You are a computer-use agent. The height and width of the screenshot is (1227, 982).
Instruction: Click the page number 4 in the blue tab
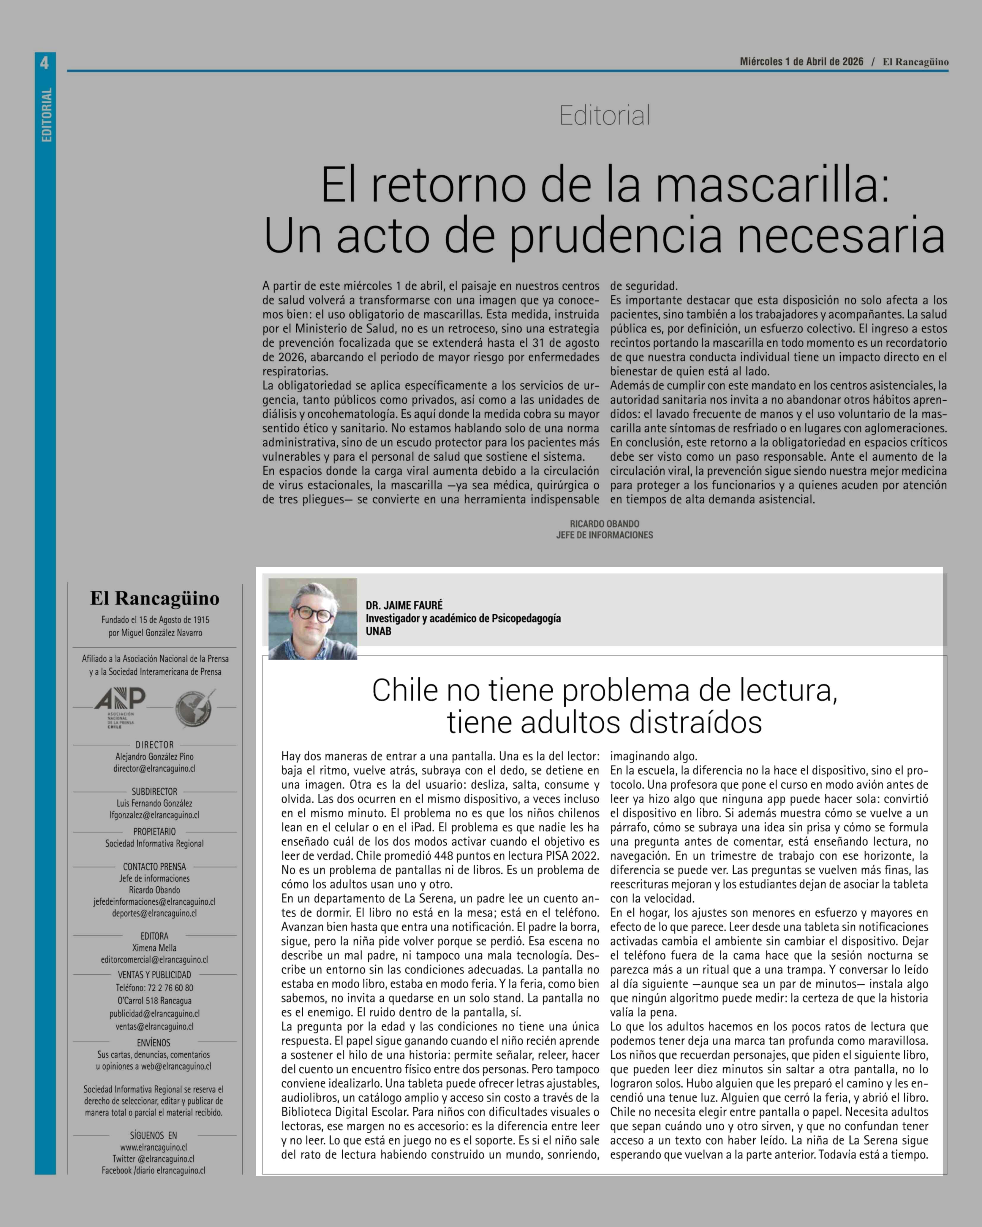[x=45, y=63]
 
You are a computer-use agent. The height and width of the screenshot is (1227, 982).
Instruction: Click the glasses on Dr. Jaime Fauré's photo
[x=312, y=615]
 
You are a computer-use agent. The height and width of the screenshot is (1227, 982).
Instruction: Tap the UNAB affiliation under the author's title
[x=379, y=631]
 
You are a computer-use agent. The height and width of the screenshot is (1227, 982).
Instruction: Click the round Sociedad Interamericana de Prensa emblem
[x=194, y=708]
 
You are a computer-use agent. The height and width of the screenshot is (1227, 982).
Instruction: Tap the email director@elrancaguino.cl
[x=154, y=768]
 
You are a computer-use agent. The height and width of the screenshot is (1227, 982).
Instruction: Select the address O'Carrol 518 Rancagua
[x=154, y=1001]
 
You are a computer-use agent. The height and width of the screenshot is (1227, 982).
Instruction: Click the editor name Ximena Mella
[x=154, y=948]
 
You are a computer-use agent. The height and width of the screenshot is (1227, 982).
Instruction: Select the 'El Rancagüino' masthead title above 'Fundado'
[x=154, y=598]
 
